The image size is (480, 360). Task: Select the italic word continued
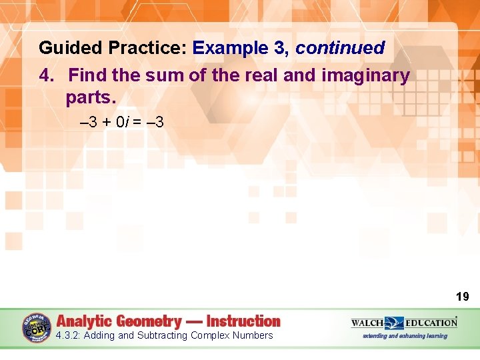point(340,48)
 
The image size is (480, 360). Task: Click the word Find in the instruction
point(87,75)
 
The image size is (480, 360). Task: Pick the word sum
point(168,75)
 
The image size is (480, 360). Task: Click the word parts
point(91,97)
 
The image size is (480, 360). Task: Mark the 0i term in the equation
point(121,122)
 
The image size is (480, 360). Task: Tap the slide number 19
point(462,297)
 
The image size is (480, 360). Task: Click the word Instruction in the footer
point(243,321)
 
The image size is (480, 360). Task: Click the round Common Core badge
point(37,328)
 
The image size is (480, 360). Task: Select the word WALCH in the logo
point(367,323)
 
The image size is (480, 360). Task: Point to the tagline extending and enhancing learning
point(405,336)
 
